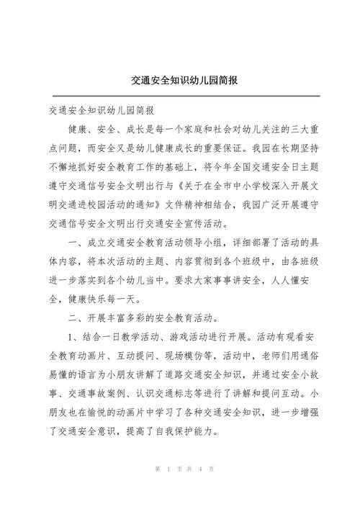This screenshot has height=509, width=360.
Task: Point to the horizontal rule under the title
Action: click(180, 96)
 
